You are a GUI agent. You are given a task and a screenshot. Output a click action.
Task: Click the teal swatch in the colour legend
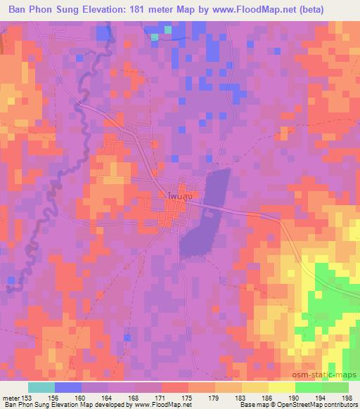point(41,387)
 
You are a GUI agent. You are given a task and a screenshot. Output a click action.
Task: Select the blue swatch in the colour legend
point(67,387)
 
